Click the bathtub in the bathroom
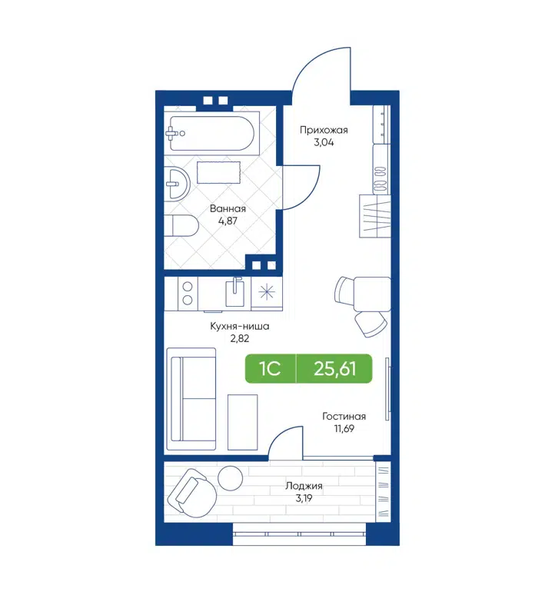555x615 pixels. point(211,133)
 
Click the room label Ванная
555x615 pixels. point(228,209)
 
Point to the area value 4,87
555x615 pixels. point(228,221)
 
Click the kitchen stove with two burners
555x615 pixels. point(186,293)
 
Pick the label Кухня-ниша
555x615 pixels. point(239,326)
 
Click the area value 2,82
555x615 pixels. point(239,338)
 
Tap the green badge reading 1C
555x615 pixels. point(269,370)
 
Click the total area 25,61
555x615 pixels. point(334,370)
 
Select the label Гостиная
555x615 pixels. point(343,416)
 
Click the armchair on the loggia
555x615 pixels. point(191,494)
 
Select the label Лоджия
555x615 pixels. point(304,486)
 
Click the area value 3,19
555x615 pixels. point(304,498)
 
